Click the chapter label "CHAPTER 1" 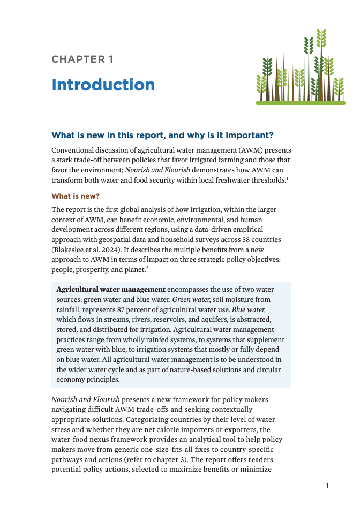click(82, 59)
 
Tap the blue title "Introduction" click(103, 85)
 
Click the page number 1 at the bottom click(327, 486)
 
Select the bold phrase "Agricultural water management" click(111, 290)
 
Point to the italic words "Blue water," click(250, 309)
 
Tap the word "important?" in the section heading click(260, 134)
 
